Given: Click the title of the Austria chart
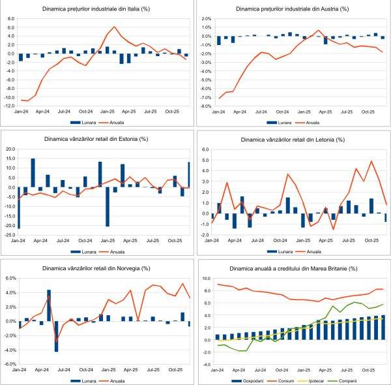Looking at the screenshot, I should click(x=293, y=10).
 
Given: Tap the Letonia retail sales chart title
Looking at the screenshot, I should click(x=293, y=140).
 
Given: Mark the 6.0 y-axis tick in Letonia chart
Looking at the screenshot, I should click(x=205, y=149).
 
